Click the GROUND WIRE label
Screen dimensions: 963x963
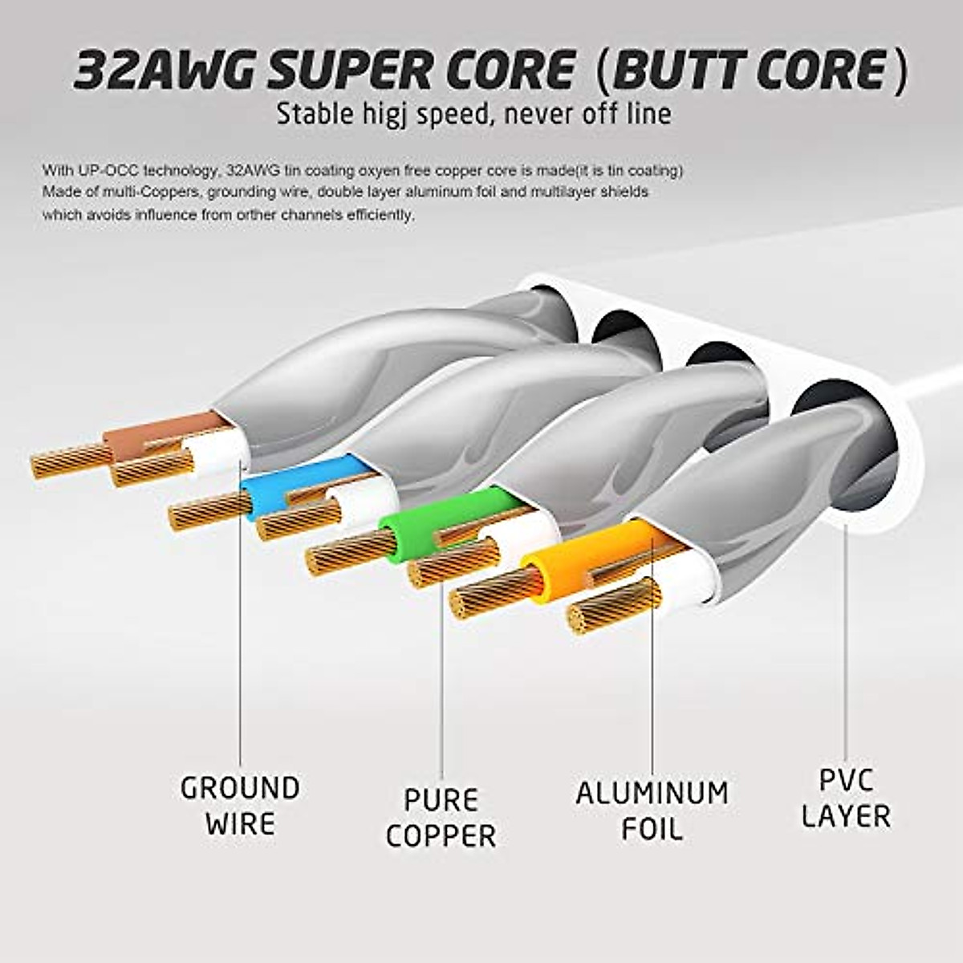click(240, 806)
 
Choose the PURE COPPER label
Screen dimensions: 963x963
click(441, 818)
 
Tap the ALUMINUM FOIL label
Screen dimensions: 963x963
click(652, 811)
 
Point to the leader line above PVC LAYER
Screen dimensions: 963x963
click(846, 642)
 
